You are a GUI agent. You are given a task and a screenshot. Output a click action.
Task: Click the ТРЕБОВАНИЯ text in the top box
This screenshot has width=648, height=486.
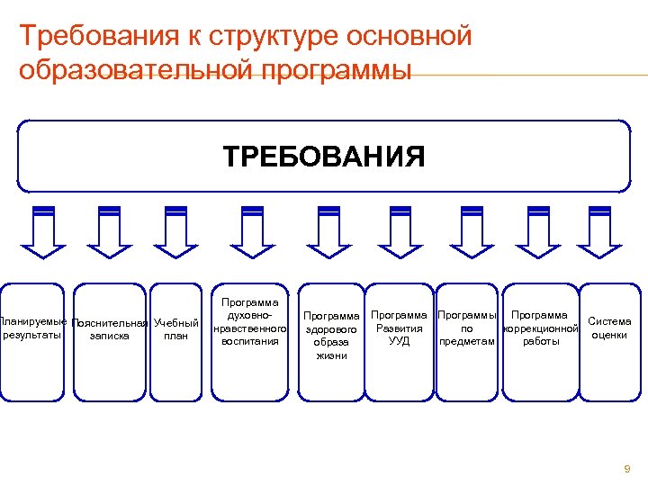click(324, 157)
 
